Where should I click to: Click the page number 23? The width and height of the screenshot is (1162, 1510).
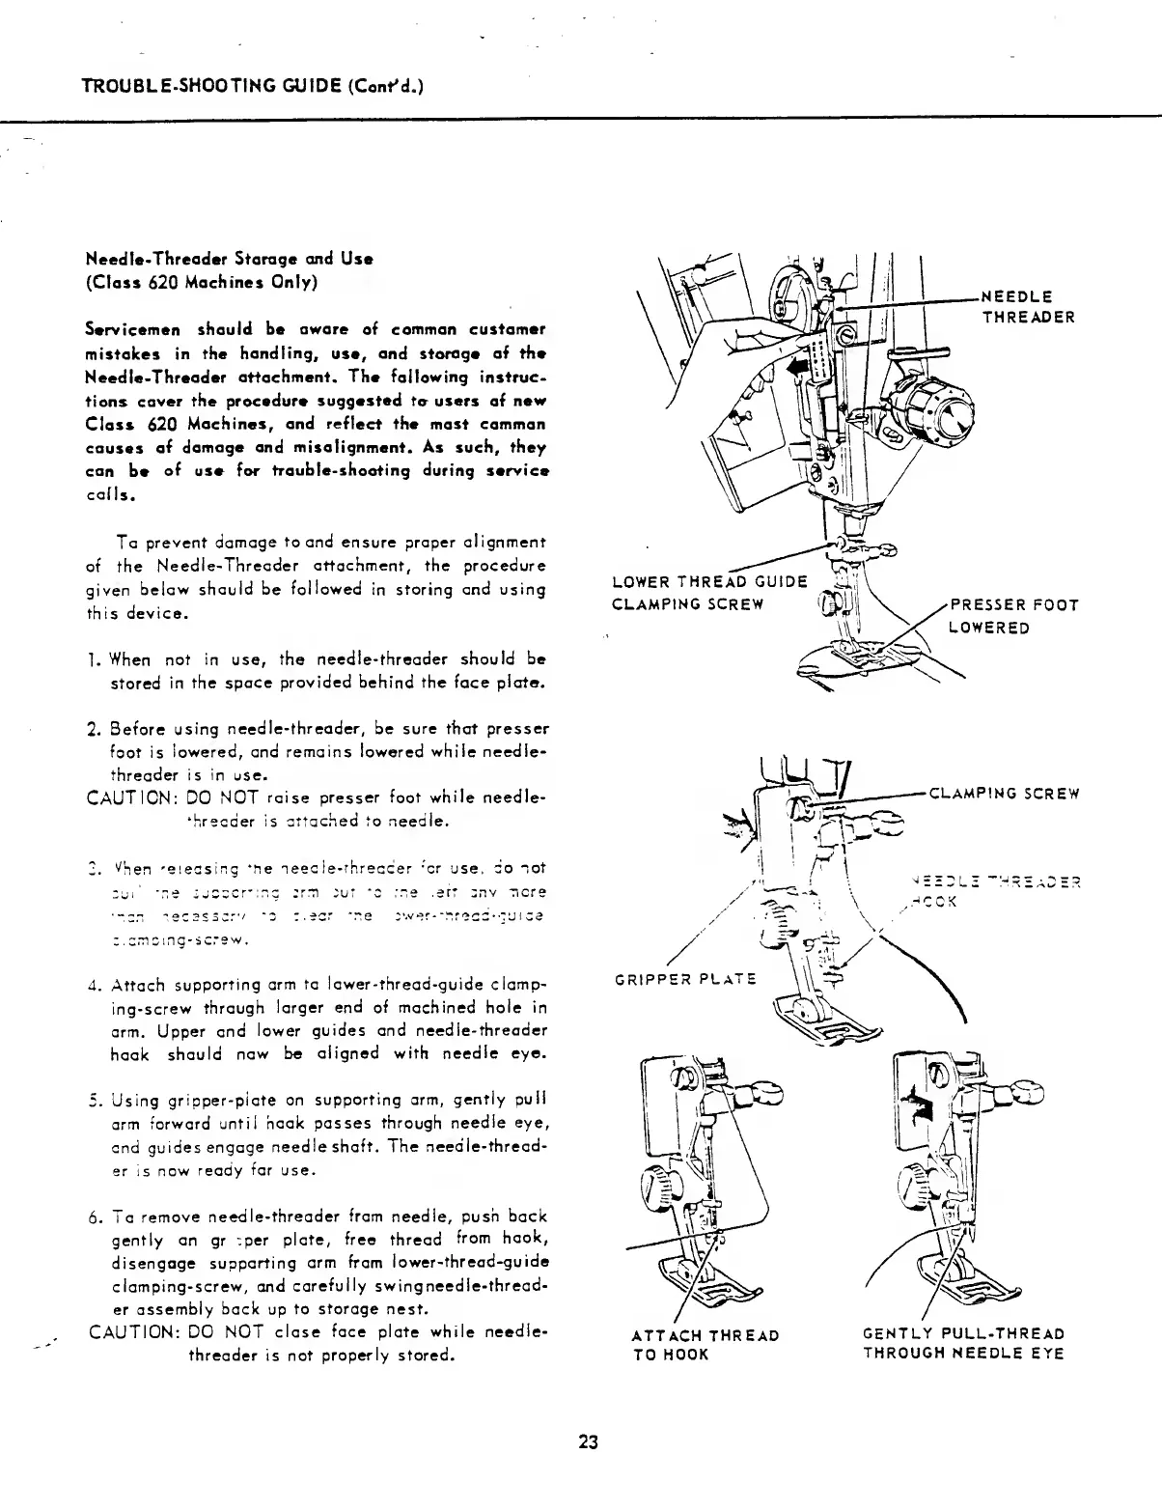589,1442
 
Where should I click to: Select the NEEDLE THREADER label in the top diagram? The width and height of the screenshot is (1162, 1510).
1028,306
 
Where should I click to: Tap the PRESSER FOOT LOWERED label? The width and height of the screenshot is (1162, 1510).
1013,617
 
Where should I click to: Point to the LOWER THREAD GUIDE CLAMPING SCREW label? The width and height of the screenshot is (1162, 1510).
709,593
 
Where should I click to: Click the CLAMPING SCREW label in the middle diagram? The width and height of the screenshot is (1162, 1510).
1003,795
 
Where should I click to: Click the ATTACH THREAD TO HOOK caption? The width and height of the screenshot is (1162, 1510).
705,1344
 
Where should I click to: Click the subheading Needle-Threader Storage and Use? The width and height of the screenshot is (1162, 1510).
230,259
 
